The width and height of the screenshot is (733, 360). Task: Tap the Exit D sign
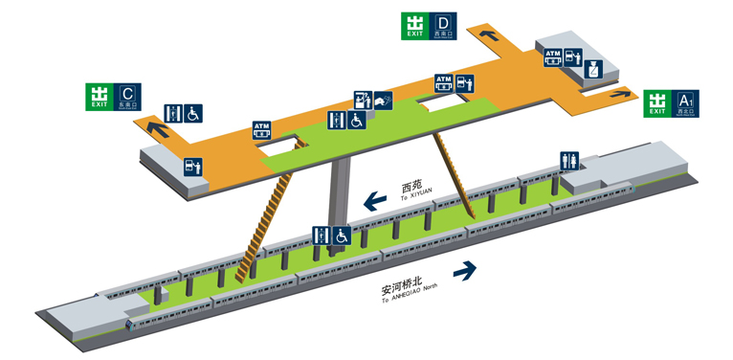[x=430, y=26]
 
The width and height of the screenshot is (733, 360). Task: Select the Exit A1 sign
[x=672, y=101]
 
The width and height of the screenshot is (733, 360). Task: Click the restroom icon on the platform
[x=570, y=161]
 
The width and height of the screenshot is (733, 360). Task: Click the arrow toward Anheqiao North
[x=465, y=271]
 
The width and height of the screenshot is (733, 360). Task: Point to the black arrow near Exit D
[x=489, y=36]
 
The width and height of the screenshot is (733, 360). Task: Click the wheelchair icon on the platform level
[x=341, y=235]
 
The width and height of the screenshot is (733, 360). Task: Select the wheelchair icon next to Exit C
[x=193, y=113]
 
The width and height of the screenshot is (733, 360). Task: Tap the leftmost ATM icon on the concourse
[x=261, y=129]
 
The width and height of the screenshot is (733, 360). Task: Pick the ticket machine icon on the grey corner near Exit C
[x=194, y=166]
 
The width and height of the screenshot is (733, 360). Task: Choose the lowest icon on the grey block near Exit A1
[x=593, y=69]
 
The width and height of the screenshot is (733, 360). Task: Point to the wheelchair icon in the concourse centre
[x=356, y=121]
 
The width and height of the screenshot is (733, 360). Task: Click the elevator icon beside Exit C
[x=173, y=113]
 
